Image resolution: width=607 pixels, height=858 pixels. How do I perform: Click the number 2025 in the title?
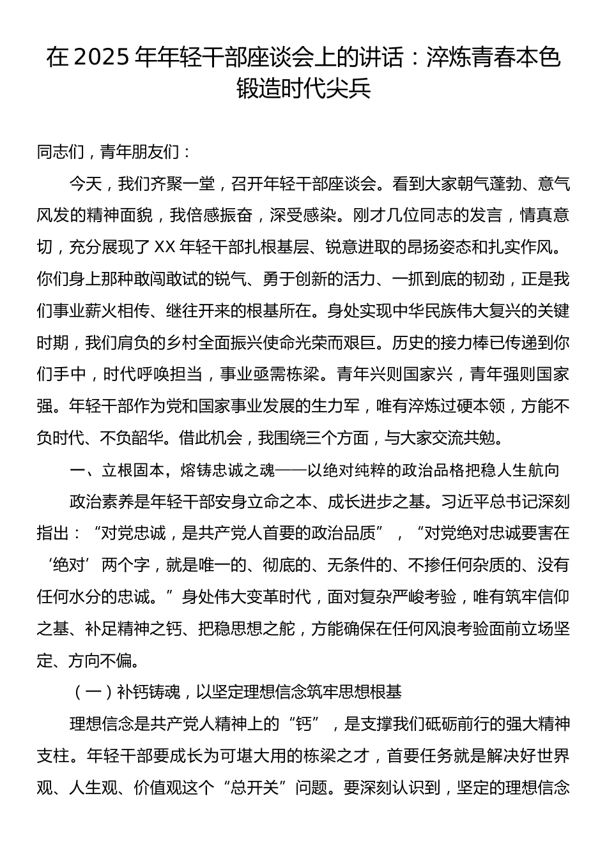(102, 58)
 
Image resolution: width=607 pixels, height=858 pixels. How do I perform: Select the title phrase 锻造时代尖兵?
(303, 89)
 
